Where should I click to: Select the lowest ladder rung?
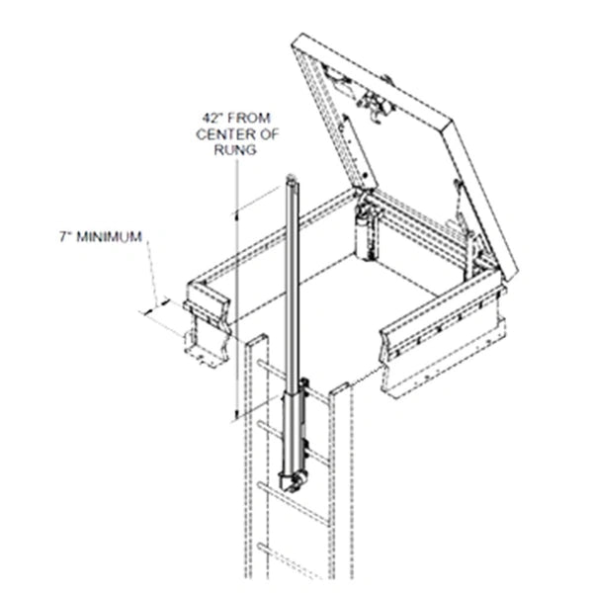pyautogui.click(x=297, y=546)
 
